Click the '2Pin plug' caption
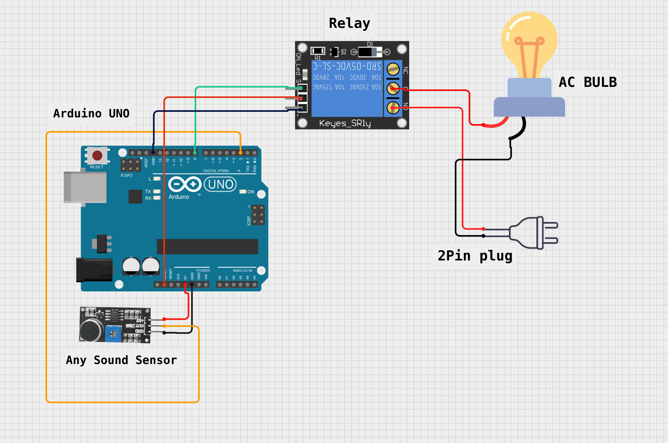pos(475,256)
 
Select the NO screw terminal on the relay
pos(393,108)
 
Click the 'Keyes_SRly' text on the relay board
pos(345,123)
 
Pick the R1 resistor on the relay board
pos(318,51)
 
